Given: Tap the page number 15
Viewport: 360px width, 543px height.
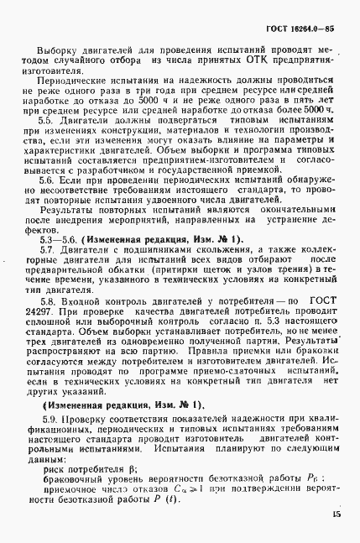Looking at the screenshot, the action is click(334, 514).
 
